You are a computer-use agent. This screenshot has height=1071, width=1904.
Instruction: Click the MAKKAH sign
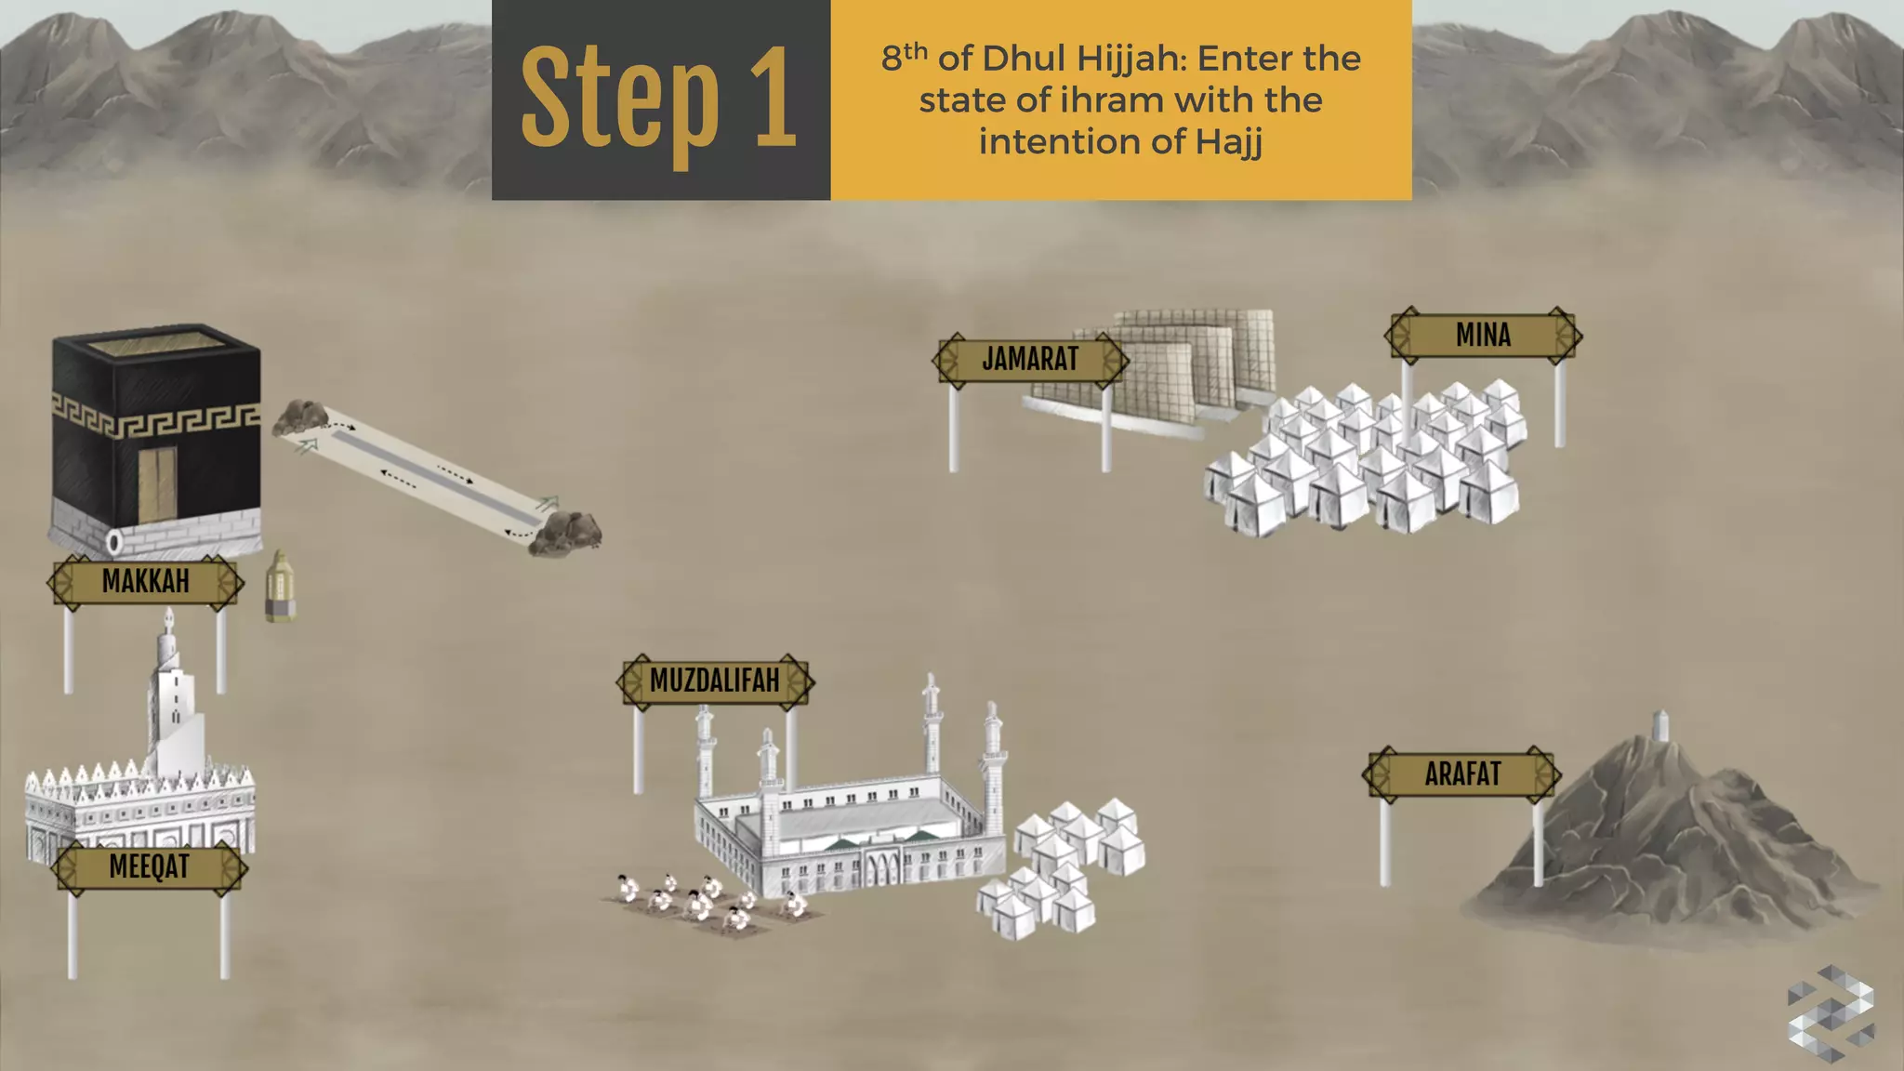[x=146, y=582]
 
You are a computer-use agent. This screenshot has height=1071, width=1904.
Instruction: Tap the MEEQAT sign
[x=149, y=867]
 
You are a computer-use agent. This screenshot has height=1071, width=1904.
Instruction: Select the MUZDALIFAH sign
[x=715, y=681]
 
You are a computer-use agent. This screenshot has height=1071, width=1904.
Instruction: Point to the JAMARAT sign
[x=1030, y=360]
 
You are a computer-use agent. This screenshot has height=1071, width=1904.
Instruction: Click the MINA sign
[x=1483, y=336]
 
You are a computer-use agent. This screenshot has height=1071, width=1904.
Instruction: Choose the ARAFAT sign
[x=1462, y=774]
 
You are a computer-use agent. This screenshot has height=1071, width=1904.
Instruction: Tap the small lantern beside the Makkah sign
[x=280, y=587]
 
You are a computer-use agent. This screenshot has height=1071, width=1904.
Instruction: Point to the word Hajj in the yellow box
[x=1228, y=142]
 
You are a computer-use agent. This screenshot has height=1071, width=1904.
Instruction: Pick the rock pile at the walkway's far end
[x=565, y=535]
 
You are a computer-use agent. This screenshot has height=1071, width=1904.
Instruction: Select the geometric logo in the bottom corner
[x=1830, y=1012]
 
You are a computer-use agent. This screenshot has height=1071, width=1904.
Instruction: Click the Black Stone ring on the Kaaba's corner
[x=114, y=541]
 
